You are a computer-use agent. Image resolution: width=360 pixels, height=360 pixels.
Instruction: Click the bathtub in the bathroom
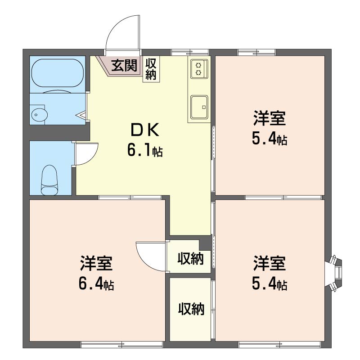[x=58, y=73]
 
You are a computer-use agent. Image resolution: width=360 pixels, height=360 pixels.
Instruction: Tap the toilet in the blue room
[x=49, y=180]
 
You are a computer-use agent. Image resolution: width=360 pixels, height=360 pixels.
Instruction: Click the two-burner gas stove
[x=199, y=68]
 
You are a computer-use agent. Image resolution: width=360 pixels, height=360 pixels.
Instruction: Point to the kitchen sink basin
[x=199, y=107]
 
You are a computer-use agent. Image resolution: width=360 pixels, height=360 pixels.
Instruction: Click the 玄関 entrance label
[x=124, y=65]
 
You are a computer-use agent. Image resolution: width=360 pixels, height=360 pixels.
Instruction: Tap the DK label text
[x=144, y=130]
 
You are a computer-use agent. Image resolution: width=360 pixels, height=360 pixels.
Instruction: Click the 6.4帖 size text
[x=96, y=284]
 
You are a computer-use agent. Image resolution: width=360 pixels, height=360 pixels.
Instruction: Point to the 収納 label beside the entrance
[x=151, y=69]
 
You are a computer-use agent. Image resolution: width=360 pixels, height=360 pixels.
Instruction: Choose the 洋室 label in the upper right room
[x=270, y=118]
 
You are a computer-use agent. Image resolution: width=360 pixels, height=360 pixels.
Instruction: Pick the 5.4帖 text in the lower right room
[x=270, y=284]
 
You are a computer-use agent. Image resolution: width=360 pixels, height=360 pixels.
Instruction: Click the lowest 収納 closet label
[x=191, y=309]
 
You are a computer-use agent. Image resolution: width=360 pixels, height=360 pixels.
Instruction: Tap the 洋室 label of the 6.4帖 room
[x=96, y=263]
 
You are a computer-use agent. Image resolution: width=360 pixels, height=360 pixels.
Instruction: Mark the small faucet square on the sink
[x=204, y=107]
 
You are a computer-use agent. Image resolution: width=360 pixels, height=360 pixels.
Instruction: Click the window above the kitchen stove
[x=190, y=52]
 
